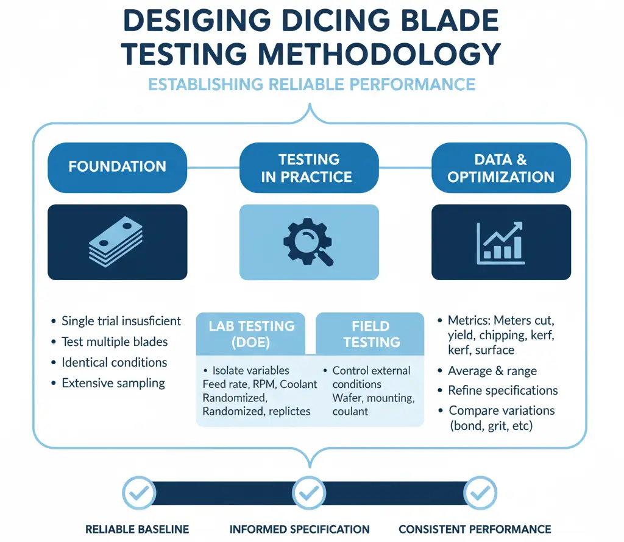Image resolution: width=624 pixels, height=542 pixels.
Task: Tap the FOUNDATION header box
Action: (x=117, y=166)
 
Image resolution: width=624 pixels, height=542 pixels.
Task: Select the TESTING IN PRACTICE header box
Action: (x=309, y=168)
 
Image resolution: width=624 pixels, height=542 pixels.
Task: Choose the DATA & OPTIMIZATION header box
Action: (x=501, y=168)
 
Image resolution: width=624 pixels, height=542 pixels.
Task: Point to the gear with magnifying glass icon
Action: (x=308, y=242)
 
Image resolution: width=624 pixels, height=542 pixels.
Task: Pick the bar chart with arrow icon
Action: (x=500, y=242)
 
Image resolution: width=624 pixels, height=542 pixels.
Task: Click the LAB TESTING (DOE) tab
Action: (x=251, y=334)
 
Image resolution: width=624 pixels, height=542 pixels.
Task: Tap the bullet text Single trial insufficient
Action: (x=121, y=321)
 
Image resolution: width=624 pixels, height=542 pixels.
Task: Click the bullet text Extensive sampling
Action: (x=113, y=383)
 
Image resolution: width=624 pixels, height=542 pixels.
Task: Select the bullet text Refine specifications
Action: (x=503, y=390)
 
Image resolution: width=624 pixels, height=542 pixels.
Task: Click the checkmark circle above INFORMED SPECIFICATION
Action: (x=308, y=492)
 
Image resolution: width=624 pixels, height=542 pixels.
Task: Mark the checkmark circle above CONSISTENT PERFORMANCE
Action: (x=481, y=492)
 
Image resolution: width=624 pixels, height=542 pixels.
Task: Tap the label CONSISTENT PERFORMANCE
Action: (x=475, y=529)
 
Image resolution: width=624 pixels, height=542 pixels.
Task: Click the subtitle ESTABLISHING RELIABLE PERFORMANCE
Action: (x=311, y=84)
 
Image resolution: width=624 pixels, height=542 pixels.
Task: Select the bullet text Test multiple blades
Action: (x=115, y=342)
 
